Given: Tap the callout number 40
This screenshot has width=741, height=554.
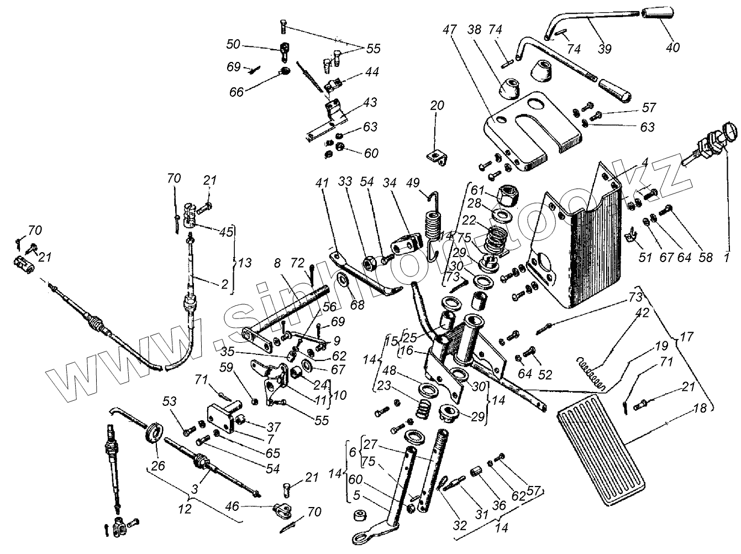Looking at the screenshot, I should [672, 48].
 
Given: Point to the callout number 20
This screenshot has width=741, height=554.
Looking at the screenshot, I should [437, 106].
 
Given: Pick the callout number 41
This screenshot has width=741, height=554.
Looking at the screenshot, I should [322, 182].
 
